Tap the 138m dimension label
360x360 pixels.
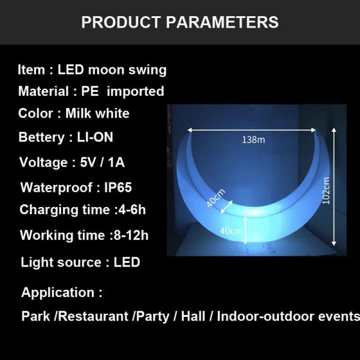pos(253,140)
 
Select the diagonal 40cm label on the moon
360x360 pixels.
pos(215,198)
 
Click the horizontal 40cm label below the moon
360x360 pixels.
pos(231,230)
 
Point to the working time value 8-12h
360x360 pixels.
pos(130,235)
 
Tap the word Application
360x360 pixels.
pos(58,293)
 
